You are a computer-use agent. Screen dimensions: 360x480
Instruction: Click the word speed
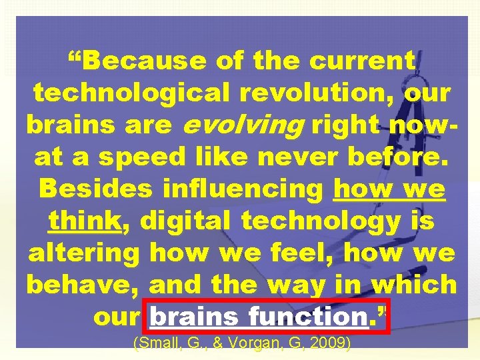pyautogui.click(x=143, y=157)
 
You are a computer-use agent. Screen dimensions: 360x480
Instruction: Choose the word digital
pyautogui.click(x=181, y=221)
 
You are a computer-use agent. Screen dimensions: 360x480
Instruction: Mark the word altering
pyautogui.click(x=84, y=253)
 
